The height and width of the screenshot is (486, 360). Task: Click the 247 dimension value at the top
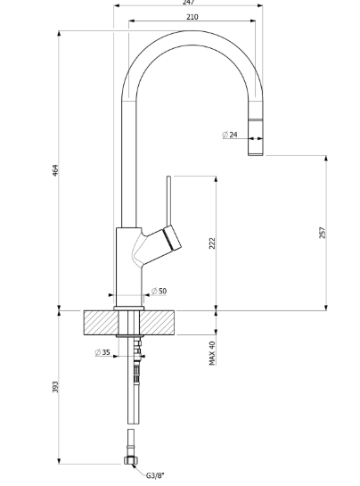click(x=188, y=3)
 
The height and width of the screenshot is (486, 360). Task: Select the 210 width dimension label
click(x=192, y=17)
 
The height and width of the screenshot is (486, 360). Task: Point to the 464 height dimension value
click(x=55, y=169)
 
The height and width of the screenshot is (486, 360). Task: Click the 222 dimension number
click(x=212, y=243)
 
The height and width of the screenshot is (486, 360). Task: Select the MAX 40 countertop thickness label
click(x=212, y=353)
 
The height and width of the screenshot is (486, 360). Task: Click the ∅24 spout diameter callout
click(x=230, y=135)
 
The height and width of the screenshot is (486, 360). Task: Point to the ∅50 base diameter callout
click(x=159, y=292)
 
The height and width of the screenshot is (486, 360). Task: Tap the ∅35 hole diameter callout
click(x=102, y=352)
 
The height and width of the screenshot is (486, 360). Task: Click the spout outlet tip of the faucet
click(x=256, y=152)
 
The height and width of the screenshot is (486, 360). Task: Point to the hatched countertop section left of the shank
click(x=100, y=322)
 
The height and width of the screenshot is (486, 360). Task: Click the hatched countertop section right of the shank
click(x=162, y=322)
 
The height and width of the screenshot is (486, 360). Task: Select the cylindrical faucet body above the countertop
click(x=126, y=263)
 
